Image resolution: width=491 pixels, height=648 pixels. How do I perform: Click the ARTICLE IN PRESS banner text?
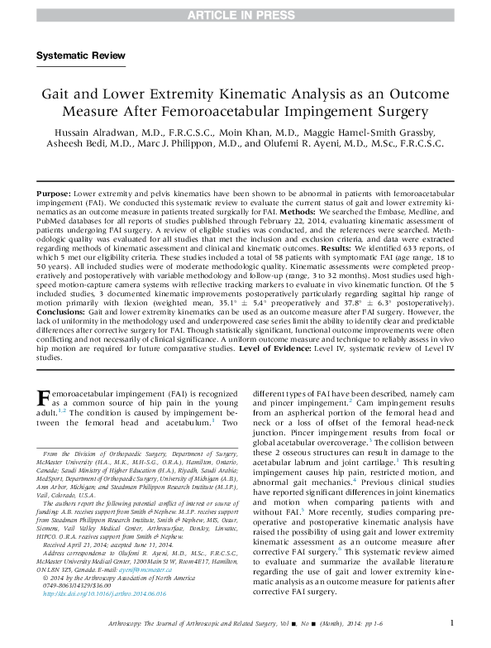[245, 15]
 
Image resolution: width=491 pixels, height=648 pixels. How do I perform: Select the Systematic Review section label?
[81, 55]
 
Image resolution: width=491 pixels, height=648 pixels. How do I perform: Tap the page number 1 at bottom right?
[450, 622]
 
